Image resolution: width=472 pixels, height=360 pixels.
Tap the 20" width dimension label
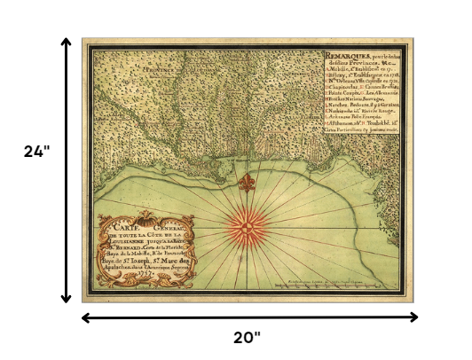[x=248, y=337]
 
